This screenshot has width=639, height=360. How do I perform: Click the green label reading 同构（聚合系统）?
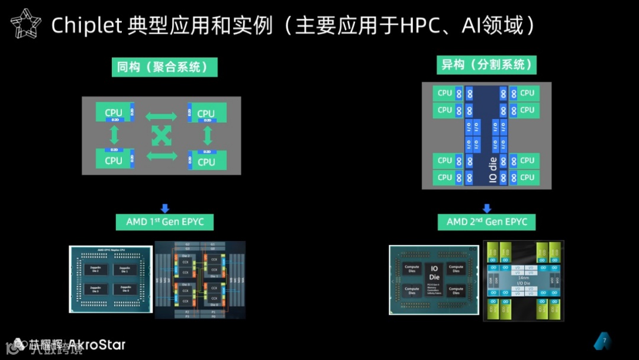click(x=164, y=67)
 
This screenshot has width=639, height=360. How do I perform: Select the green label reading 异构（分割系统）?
click(x=487, y=65)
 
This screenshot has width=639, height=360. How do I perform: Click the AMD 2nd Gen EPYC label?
click(x=486, y=222)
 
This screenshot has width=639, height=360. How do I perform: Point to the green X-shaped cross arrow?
click(x=161, y=136)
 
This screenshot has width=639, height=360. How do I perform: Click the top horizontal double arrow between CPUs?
click(x=161, y=116)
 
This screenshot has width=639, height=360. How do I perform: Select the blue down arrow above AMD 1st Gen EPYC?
click(x=165, y=207)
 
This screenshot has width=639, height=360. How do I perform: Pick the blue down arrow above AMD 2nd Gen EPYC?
click(x=487, y=207)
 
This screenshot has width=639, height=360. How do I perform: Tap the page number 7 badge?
click(x=603, y=341)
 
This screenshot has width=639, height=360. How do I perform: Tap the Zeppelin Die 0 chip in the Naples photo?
click(x=124, y=289)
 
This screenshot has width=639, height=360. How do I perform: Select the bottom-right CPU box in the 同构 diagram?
click(x=206, y=161)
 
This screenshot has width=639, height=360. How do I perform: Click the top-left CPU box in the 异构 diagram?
click(x=445, y=93)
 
